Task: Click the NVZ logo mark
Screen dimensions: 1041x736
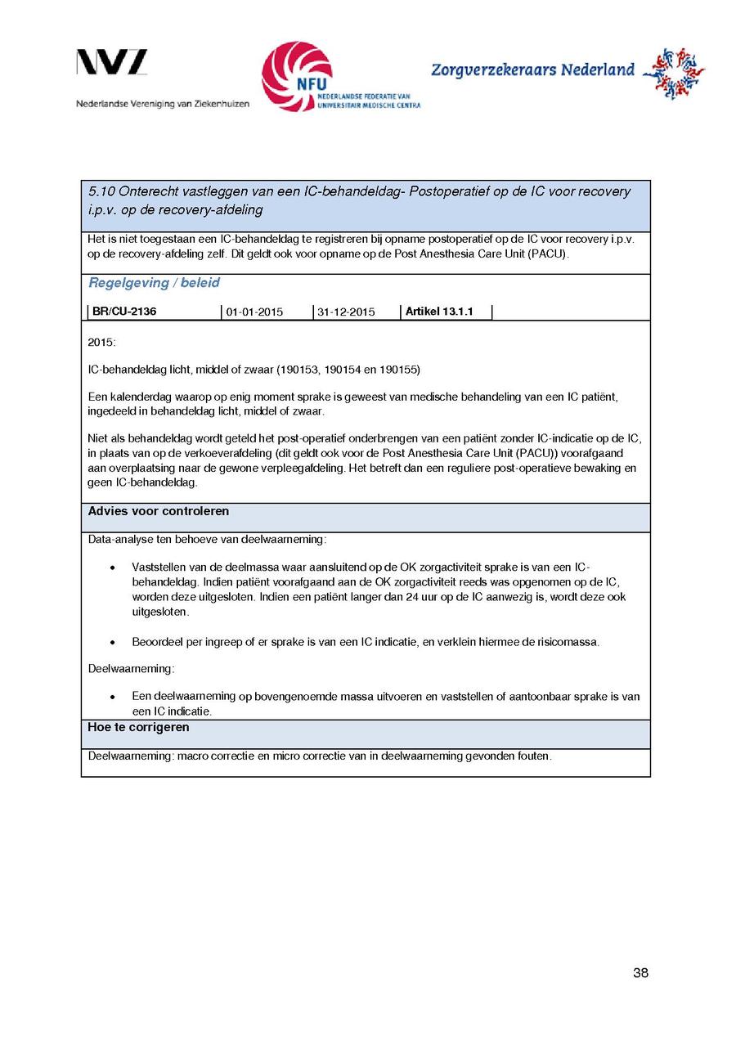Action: (x=112, y=63)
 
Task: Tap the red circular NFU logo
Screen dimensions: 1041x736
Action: (x=297, y=75)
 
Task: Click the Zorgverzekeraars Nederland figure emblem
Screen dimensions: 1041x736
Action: (x=673, y=74)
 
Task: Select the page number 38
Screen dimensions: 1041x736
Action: (x=640, y=972)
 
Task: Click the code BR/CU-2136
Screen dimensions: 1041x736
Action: (x=124, y=312)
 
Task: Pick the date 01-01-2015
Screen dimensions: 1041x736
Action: (x=254, y=312)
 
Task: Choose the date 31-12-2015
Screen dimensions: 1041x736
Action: (x=346, y=312)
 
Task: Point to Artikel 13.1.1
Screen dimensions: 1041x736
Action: (x=439, y=312)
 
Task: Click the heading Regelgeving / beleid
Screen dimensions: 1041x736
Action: (x=154, y=283)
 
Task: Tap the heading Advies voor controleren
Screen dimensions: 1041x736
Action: (x=159, y=511)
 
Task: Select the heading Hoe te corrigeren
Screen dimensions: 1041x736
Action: (x=138, y=727)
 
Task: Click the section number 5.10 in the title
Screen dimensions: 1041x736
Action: (x=101, y=192)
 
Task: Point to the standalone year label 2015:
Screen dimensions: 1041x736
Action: (x=102, y=341)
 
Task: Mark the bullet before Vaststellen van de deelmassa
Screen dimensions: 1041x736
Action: (x=111, y=568)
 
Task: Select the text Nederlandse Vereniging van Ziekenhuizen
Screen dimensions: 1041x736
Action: (x=163, y=105)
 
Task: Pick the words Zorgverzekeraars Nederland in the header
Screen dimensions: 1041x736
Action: (x=532, y=70)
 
